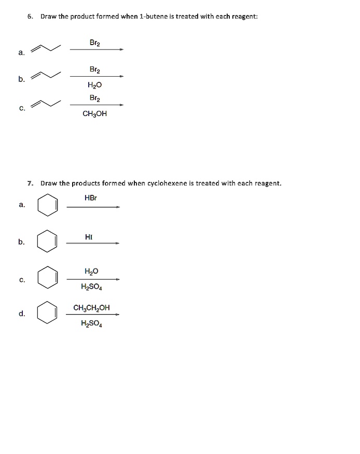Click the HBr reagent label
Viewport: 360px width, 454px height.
(x=91, y=198)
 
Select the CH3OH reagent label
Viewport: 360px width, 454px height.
(x=95, y=114)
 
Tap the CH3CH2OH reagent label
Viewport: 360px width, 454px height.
(x=91, y=307)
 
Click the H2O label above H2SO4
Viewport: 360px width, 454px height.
(x=91, y=271)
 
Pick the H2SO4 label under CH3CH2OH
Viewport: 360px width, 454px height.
(x=91, y=324)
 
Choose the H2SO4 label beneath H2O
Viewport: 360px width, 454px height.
(x=91, y=287)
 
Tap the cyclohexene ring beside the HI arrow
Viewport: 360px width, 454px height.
(x=48, y=241)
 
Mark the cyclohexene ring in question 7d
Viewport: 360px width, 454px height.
(x=48, y=313)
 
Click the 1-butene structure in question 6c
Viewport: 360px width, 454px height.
(x=46, y=104)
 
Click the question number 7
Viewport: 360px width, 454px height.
(x=31, y=183)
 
